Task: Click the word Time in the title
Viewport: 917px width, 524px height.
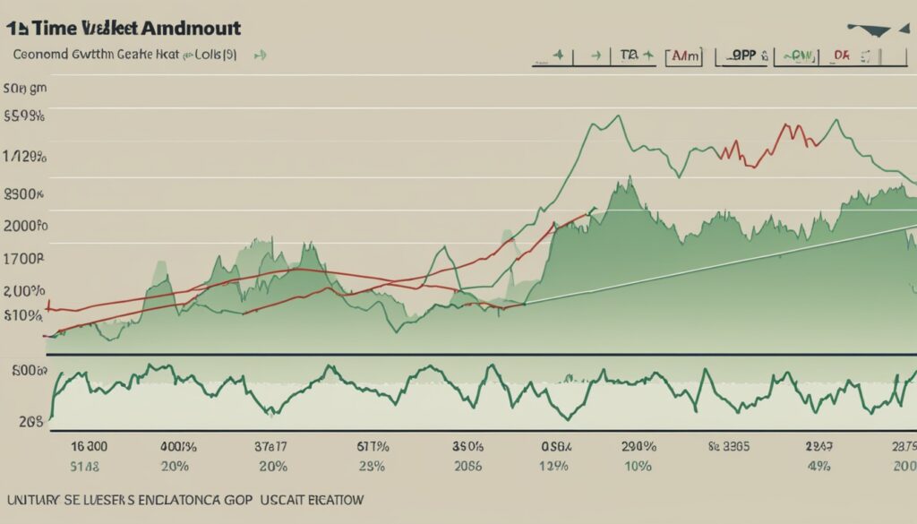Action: [56, 28]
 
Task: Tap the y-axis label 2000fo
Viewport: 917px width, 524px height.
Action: [24, 225]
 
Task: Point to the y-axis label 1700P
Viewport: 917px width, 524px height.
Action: [23, 258]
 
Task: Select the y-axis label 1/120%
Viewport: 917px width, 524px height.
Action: [24, 157]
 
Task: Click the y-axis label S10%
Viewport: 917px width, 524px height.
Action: [24, 315]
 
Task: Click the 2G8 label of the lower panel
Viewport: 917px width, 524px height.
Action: [31, 418]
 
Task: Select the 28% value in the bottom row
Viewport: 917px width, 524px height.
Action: [371, 466]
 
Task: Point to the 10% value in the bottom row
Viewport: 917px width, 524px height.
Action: [638, 466]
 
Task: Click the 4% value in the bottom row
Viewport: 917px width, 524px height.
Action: [819, 466]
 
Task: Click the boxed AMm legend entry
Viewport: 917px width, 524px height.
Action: [685, 56]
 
